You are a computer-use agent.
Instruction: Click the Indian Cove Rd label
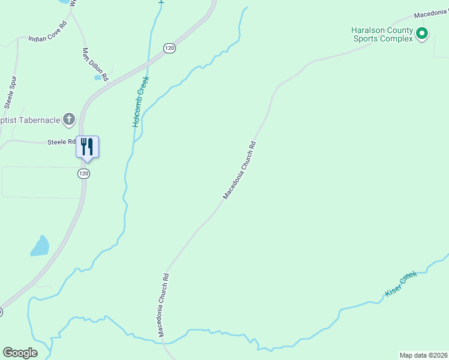click(x=46, y=38)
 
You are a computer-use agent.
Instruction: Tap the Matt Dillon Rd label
click(x=95, y=65)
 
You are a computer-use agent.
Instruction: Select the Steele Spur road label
click(x=10, y=92)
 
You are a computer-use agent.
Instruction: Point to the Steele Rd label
click(x=61, y=142)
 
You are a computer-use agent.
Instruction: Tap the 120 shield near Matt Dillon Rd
click(x=170, y=48)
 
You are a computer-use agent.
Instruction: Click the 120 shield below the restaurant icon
click(x=83, y=173)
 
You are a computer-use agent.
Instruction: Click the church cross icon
click(x=69, y=119)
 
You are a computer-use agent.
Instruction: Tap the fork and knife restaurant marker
click(x=87, y=146)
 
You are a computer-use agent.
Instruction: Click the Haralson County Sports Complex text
click(x=383, y=34)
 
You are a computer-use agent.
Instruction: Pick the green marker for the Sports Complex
click(x=422, y=34)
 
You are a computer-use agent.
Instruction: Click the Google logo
click(x=20, y=353)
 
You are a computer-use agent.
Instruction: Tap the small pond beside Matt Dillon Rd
click(x=98, y=77)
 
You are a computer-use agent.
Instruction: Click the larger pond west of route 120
click(x=40, y=246)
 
